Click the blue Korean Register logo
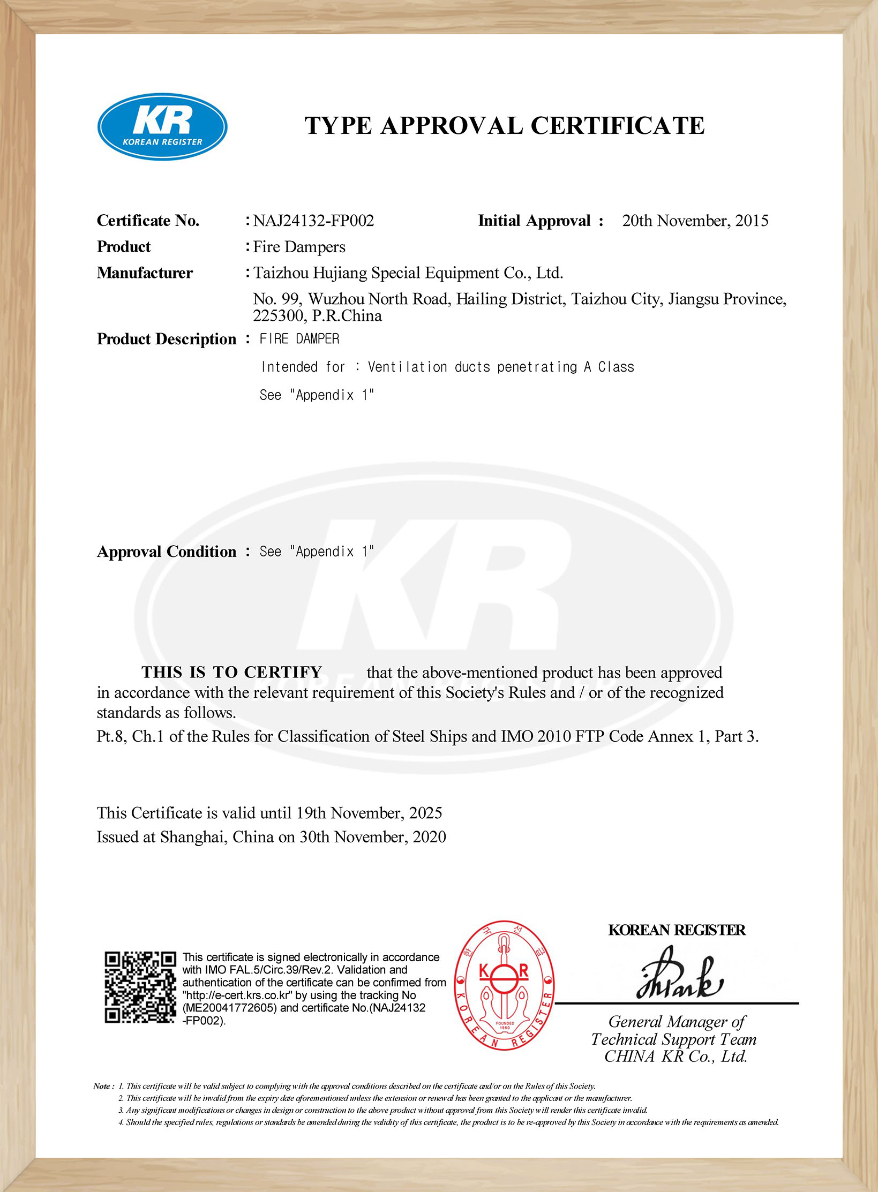(162, 126)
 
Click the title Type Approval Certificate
(505, 126)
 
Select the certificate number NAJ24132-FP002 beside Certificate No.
(313, 221)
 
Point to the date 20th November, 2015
(695, 221)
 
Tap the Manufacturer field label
(145, 273)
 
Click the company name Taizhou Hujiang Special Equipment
(408, 273)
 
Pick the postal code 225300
(278, 316)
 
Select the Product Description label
(166, 339)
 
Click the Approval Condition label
(166, 552)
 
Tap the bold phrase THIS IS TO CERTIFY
(231, 672)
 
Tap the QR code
(140, 987)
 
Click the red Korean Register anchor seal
(504, 986)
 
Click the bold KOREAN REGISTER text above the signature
(677, 930)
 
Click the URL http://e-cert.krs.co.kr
(237, 995)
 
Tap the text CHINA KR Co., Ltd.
(676, 1057)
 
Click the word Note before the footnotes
(102, 1087)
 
